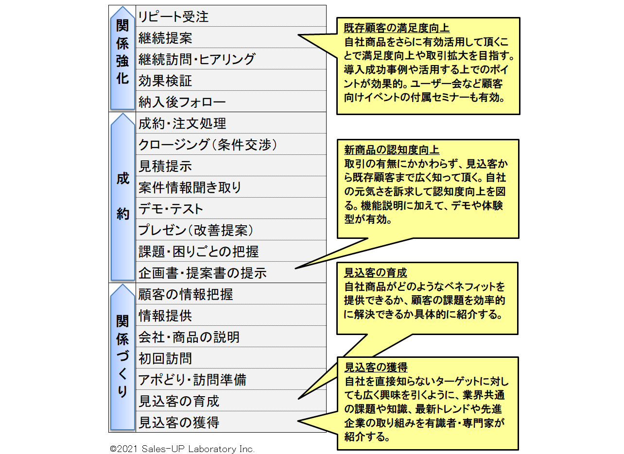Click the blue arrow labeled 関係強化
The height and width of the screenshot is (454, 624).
coord(122,58)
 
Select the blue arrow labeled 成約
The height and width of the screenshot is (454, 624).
coord(122,197)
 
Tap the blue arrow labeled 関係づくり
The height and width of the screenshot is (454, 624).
coord(122,357)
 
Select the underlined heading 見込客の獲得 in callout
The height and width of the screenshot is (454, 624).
coord(376,367)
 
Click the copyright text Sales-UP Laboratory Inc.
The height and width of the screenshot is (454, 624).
coord(182,449)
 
